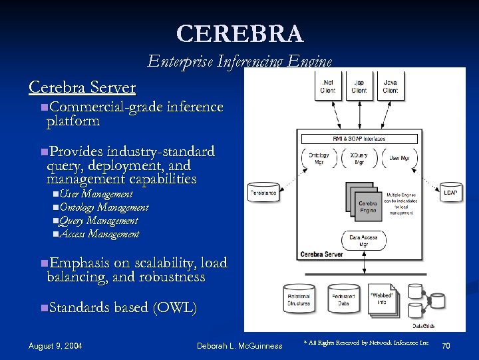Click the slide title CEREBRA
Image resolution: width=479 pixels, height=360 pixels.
click(x=239, y=33)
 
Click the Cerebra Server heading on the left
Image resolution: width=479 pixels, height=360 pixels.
click(x=82, y=87)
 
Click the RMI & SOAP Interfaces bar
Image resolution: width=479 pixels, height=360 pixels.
click(x=359, y=139)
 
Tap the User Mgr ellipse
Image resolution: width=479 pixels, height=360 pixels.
click(x=399, y=159)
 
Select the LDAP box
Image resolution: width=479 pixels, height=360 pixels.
click(x=450, y=192)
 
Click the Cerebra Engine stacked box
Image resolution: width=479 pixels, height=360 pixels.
click(x=366, y=204)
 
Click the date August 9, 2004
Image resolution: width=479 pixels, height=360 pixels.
click(x=55, y=345)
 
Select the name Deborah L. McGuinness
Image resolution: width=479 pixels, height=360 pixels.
click(x=239, y=345)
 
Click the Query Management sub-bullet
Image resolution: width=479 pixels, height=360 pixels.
click(x=98, y=221)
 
